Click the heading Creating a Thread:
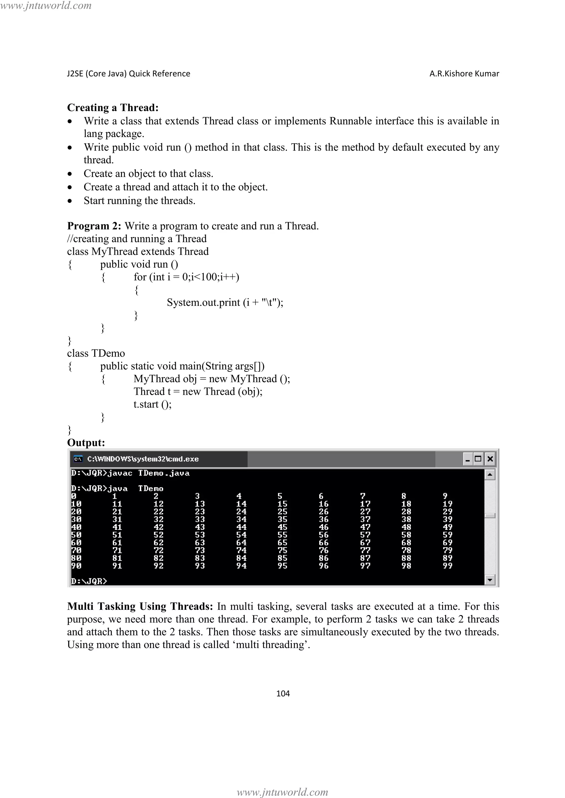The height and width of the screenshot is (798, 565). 113,108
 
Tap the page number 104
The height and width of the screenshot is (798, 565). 282,693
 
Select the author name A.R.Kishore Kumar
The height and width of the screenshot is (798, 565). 464,74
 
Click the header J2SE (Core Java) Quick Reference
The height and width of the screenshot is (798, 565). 128,74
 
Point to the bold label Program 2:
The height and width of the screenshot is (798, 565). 94,226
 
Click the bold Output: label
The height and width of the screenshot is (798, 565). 86,443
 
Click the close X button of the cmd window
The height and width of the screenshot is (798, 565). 490,459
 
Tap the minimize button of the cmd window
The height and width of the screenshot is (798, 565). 468,459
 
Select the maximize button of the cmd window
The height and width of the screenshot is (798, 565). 478,459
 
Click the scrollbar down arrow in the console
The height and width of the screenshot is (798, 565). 490,579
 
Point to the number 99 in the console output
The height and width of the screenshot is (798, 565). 447,566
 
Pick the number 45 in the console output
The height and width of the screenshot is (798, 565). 282,527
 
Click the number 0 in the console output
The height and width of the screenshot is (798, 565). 74,496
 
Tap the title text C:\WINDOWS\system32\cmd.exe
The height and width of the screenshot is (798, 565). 143,459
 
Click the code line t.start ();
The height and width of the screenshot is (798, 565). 152,404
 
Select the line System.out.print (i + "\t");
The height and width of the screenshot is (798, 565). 225,302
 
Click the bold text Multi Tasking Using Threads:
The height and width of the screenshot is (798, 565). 140,606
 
